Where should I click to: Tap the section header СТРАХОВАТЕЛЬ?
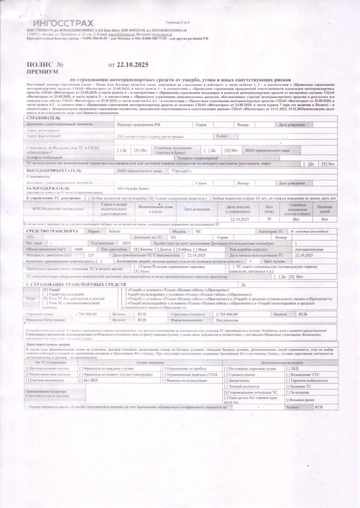click(43, 117)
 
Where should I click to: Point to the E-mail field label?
click(222, 136)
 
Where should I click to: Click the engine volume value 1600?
click(78, 249)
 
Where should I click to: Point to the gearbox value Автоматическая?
click(308, 249)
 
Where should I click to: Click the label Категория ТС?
click(270, 231)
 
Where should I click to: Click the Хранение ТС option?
click(301, 386)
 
